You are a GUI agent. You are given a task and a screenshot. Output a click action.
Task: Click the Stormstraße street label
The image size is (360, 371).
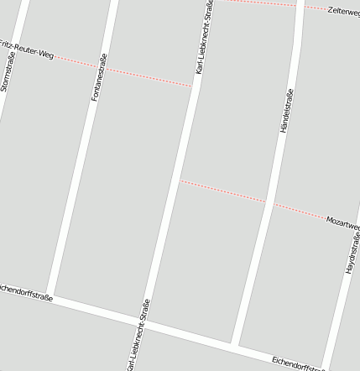point(8,71)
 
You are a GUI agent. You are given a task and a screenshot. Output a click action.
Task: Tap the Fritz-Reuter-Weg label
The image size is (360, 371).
point(27,49)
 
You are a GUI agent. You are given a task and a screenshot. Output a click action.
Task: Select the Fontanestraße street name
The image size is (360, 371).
point(98,77)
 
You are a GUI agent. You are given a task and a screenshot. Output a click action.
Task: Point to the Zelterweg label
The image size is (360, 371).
point(344,11)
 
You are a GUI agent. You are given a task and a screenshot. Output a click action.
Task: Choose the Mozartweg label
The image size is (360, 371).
point(343,223)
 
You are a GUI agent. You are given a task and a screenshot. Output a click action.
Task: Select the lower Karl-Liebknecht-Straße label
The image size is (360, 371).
point(136,335)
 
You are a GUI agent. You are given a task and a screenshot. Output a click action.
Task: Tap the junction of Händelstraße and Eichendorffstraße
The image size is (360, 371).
point(234,343)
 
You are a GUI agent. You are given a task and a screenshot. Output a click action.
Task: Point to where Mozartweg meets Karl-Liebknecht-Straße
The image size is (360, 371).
point(180,180)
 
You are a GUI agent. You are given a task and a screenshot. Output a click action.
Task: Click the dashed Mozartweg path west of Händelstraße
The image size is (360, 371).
point(222,191)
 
